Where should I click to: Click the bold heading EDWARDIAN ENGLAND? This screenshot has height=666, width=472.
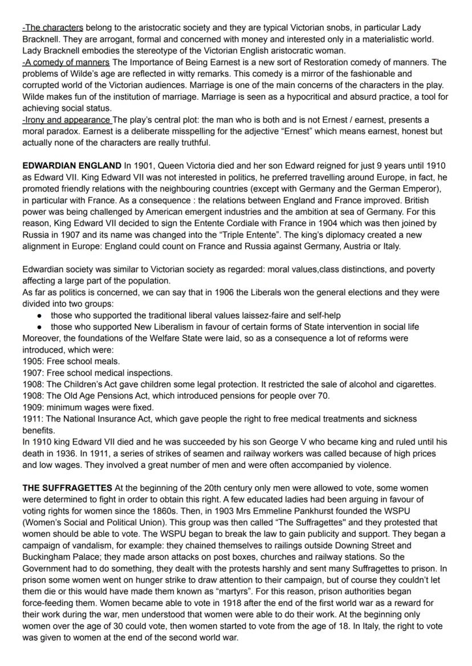pyautogui.click(x=71, y=166)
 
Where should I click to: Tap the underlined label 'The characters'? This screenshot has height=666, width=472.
pyautogui.click(x=53, y=27)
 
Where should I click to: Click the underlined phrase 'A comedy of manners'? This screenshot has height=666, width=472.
pyautogui.click(x=66, y=62)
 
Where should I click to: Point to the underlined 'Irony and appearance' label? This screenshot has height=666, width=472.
pyautogui.click(x=67, y=120)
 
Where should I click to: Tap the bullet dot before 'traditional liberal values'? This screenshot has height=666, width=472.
pyautogui.click(x=39, y=315)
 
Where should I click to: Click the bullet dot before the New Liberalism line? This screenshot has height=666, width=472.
pyautogui.click(x=39, y=326)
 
